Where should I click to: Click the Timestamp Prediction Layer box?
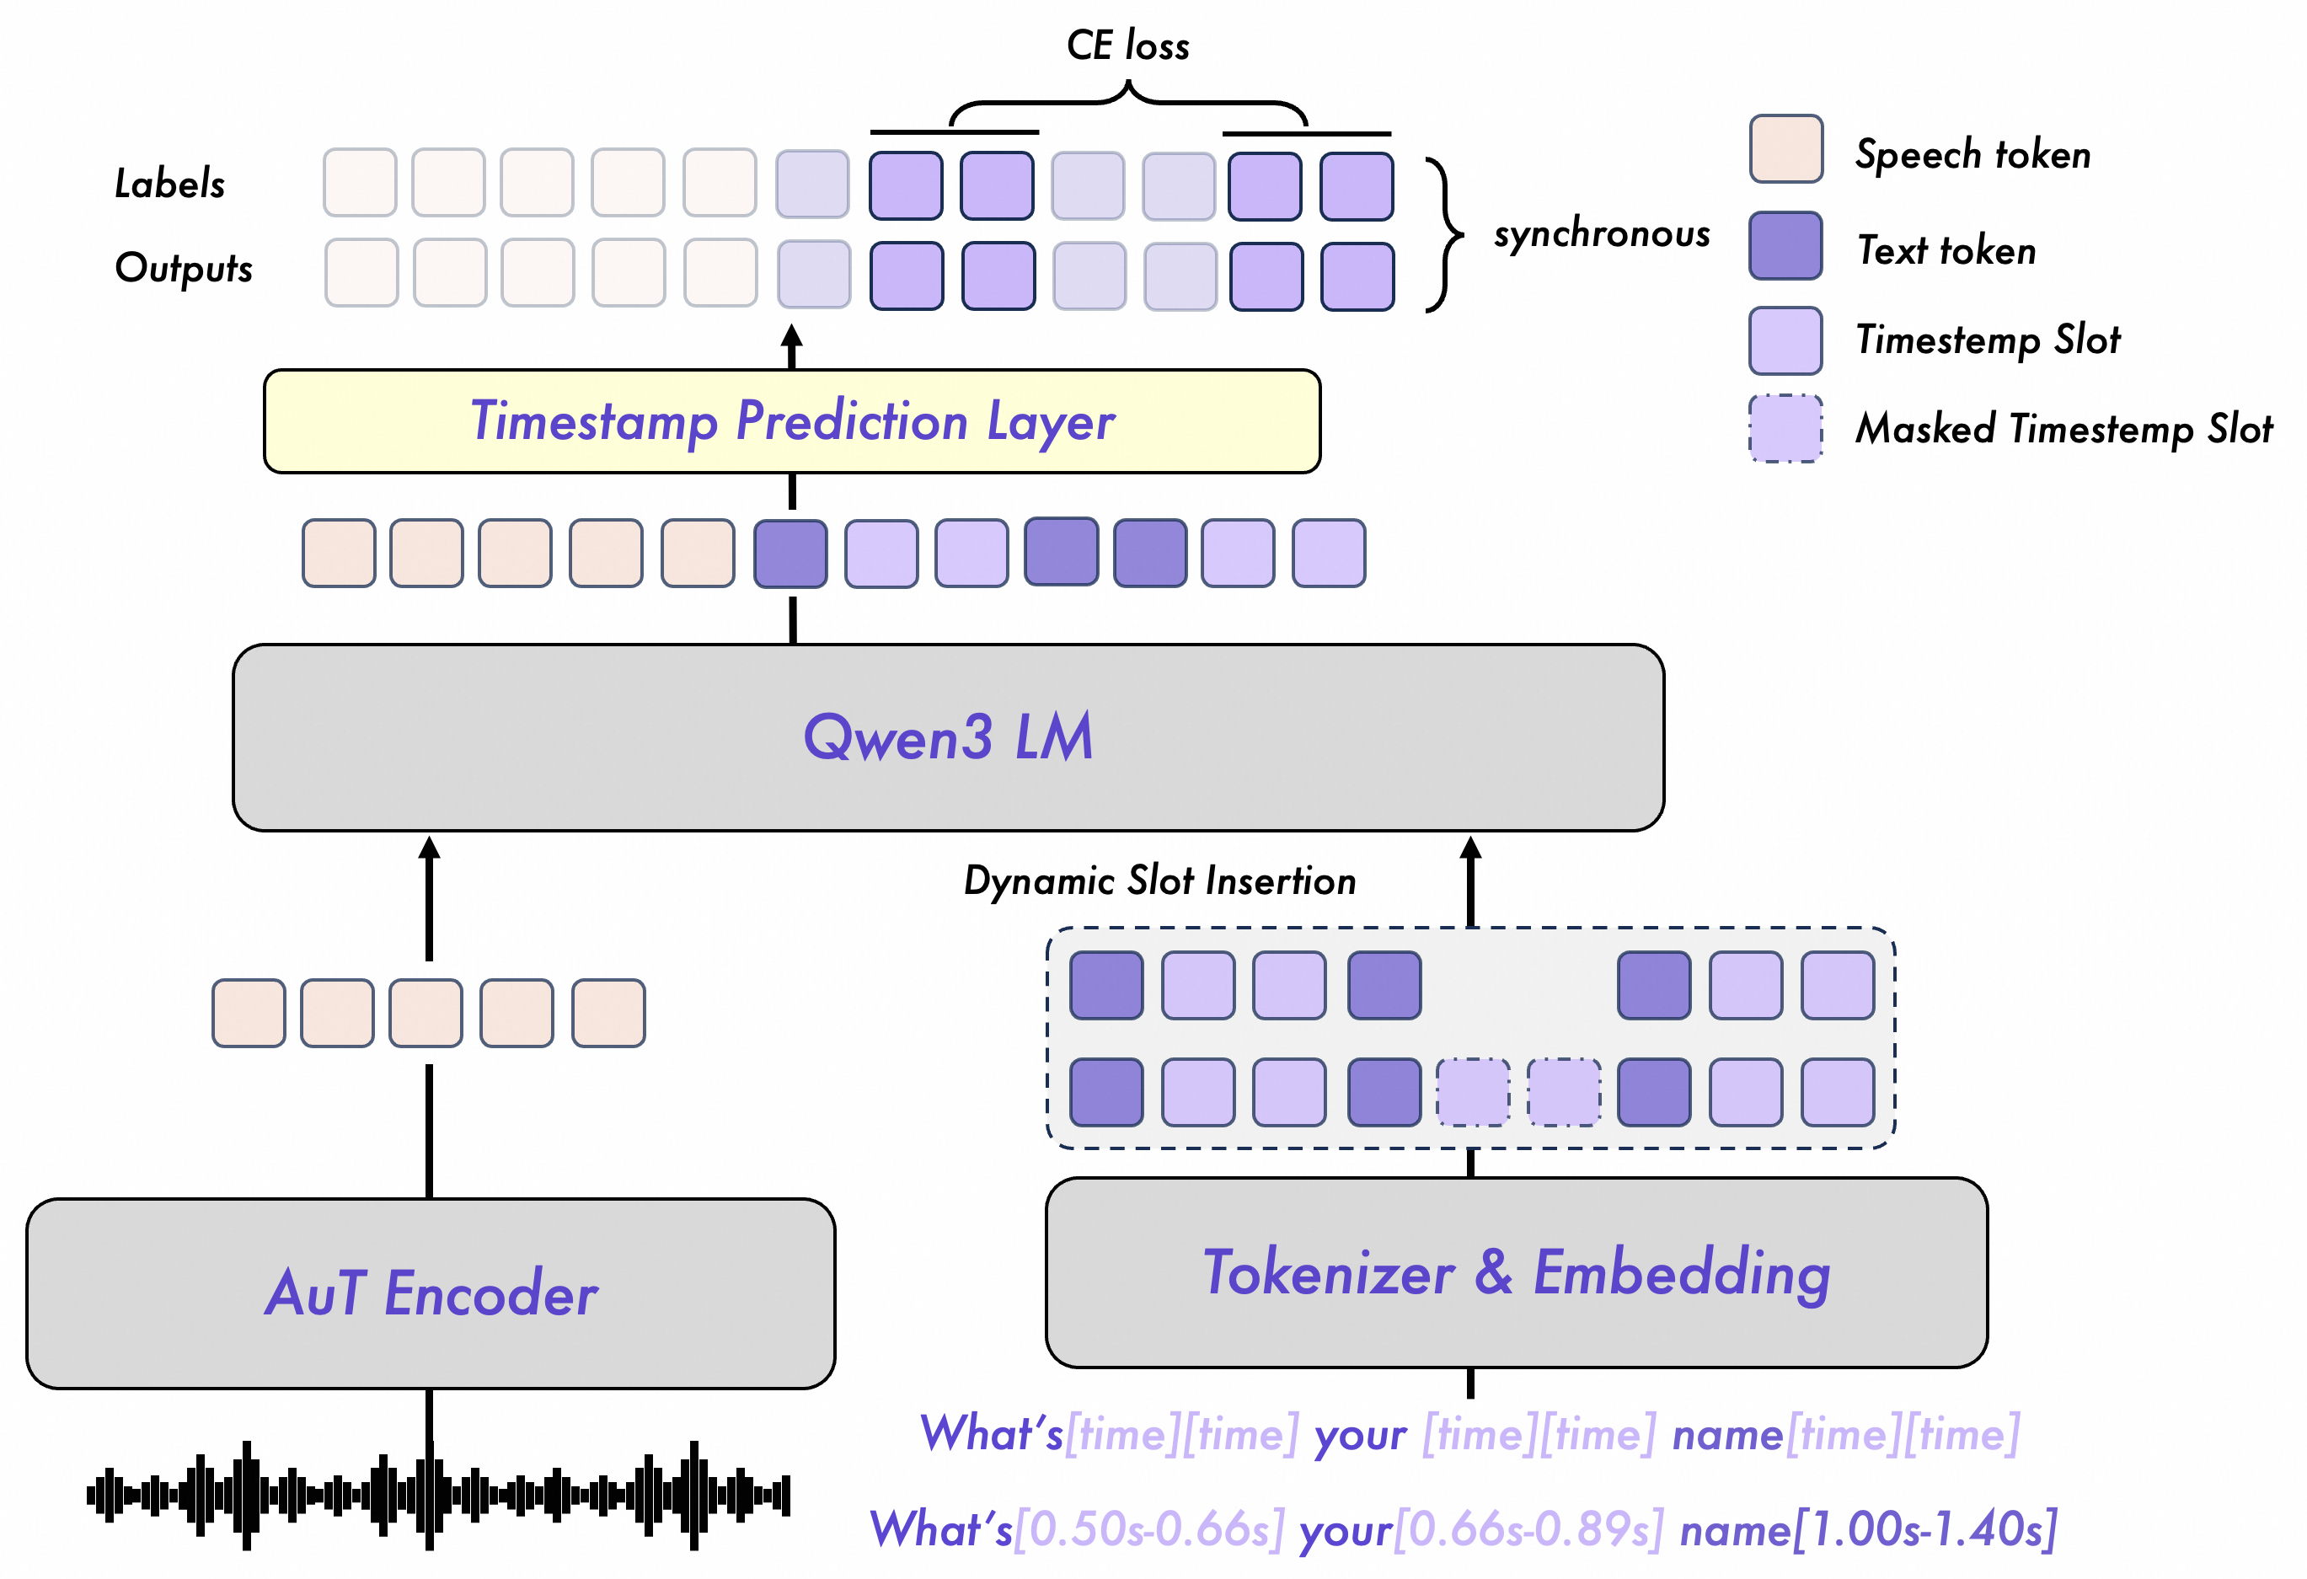(x=791, y=420)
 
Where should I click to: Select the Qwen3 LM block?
(x=947, y=737)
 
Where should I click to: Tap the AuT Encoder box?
(x=430, y=1293)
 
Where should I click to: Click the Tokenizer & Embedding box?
(x=1516, y=1272)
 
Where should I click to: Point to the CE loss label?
(x=1127, y=45)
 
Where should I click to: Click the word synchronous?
(x=1601, y=234)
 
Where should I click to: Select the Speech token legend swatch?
(x=1784, y=150)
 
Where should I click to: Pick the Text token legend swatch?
(x=1784, y=245)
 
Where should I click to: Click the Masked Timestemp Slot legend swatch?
(x=1784, y=429)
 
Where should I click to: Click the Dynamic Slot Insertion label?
(x=1159, y=881)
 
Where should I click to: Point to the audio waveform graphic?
(x=438, y=1494)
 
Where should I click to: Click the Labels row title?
(x=169, y=184)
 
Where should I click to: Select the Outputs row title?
(x=184, y=268)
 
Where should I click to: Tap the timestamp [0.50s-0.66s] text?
(x=1148, y=1529)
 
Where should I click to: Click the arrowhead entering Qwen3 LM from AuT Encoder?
(x=429, y=848)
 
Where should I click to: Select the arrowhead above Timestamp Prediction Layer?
(x=791, y=335)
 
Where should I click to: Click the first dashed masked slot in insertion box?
(x=1472, y=1092)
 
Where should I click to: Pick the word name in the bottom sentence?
(x=1735, y=1529)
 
